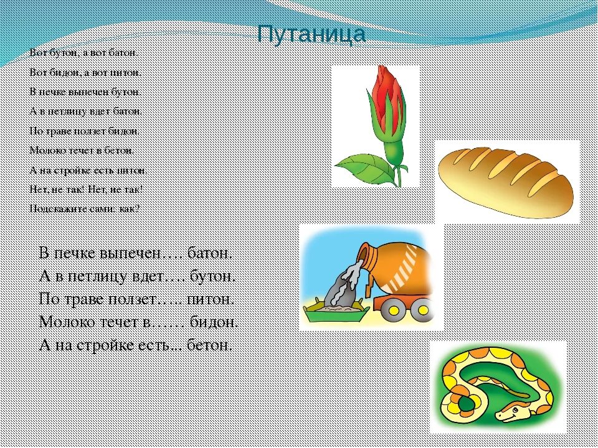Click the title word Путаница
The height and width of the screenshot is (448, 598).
[311, 35]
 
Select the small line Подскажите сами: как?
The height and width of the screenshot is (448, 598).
[85, 209]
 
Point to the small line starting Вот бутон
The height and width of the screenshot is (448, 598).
[83, 53]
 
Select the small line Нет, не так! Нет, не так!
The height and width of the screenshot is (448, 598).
[86, 189]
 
